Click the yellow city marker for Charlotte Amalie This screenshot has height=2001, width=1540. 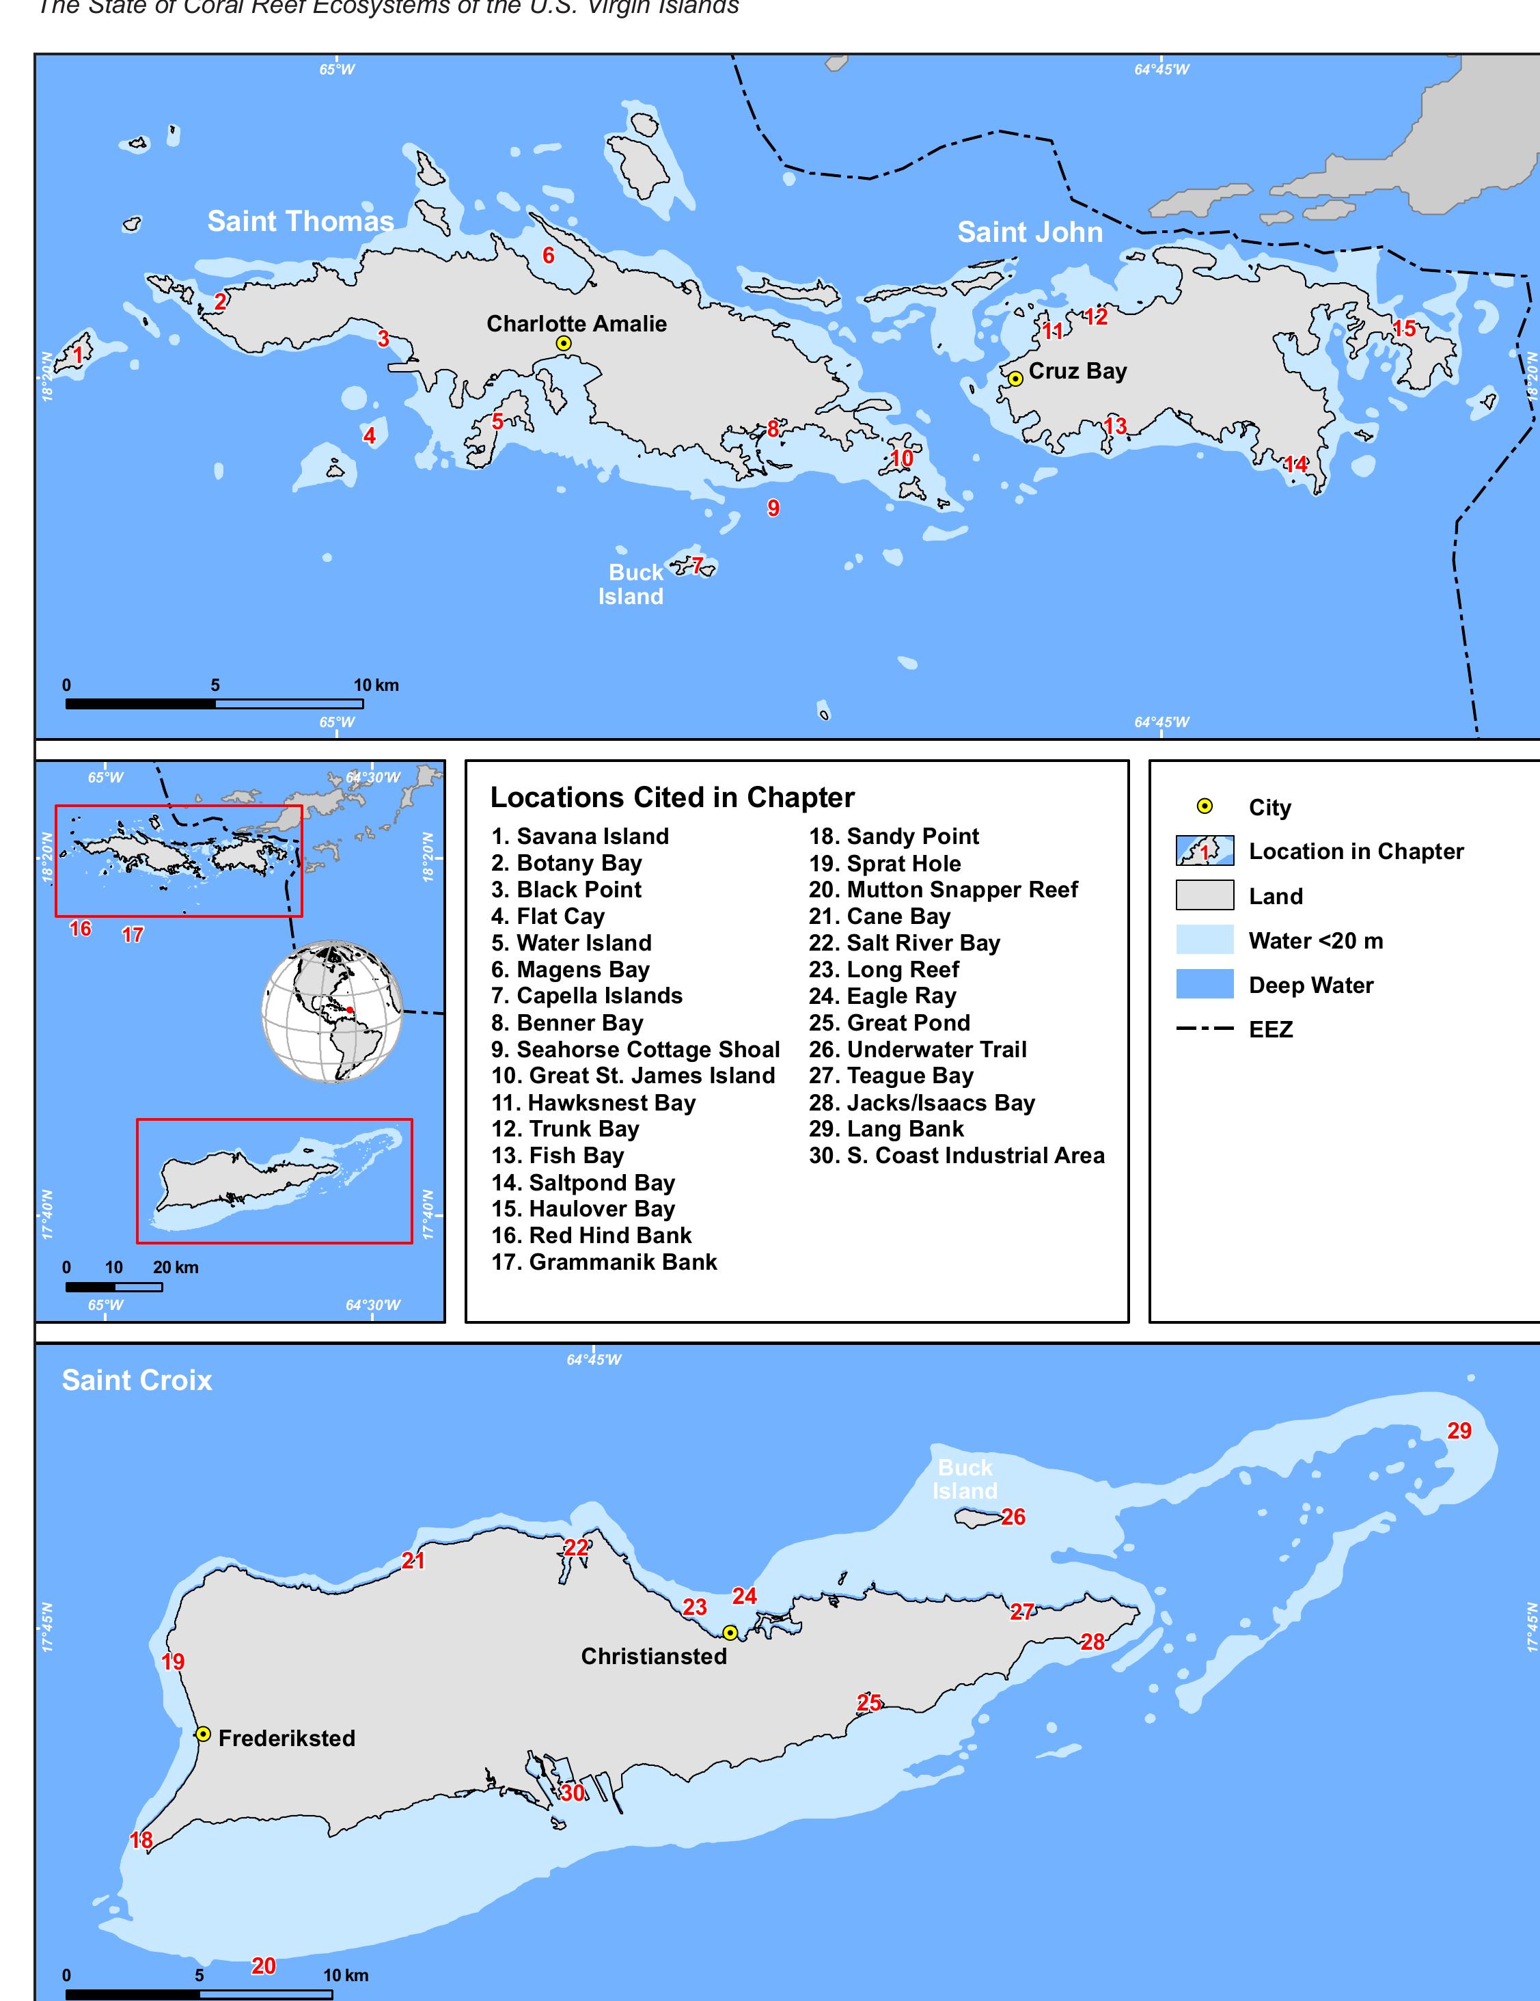click(564, 342)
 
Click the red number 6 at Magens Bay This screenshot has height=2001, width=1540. click(548, 256)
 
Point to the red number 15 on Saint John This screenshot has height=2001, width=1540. click(1403, 328)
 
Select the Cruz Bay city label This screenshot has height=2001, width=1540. click(1077, 371)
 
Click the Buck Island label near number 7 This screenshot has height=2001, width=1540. click(633, 584)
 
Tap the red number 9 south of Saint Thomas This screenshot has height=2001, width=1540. click(773, 508)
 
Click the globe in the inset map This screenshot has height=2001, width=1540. click(331, 1011)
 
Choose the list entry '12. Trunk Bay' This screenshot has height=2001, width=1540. click(565, 1129)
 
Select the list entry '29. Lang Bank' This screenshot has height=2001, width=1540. click(886, 1129)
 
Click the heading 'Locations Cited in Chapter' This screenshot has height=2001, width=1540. click(672, 797)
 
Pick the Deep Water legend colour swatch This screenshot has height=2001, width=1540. click(1204, 985)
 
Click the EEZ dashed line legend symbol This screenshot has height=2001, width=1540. click(1204, 1030)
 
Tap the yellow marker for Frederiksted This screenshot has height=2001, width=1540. click(204, 1734)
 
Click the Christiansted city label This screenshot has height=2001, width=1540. click(653, 1657)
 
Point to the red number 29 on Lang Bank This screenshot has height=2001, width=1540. click(1459, 1431)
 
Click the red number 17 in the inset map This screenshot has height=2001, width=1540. click(133, 934)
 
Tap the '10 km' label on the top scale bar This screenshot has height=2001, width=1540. click(376, 685)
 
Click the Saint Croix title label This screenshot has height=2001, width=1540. click(137, 1380)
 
